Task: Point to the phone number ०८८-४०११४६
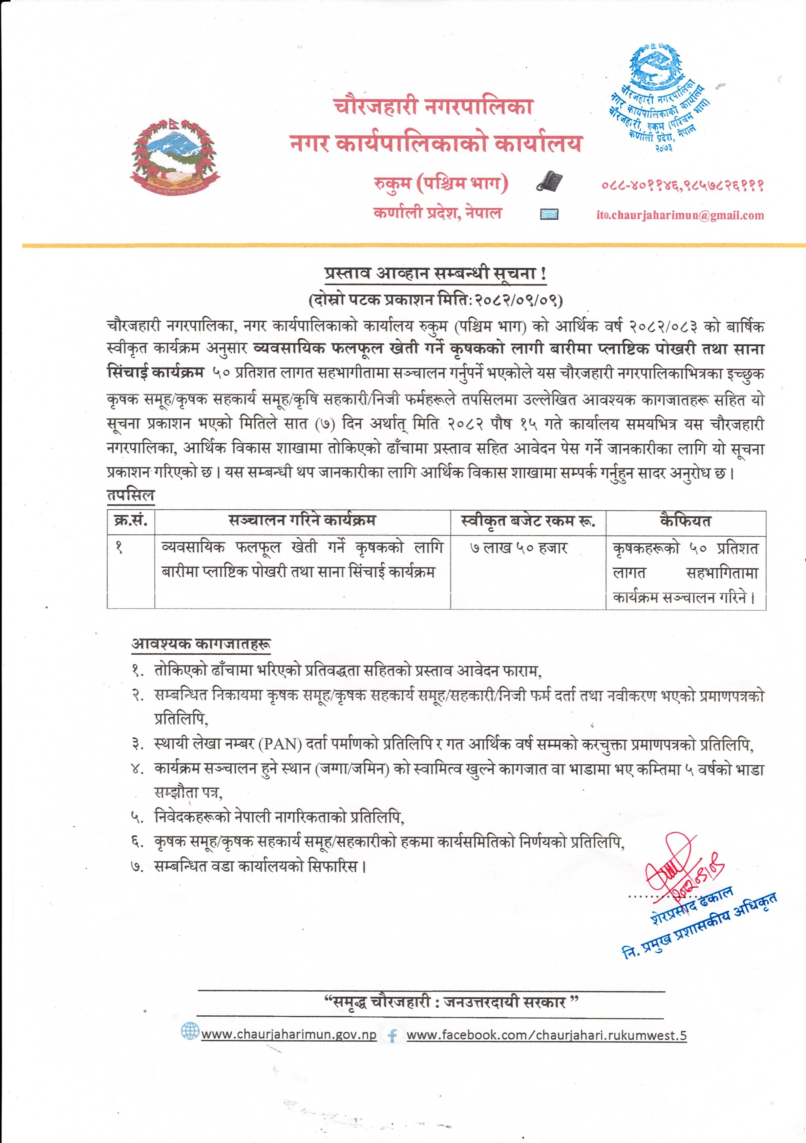click(639, 186)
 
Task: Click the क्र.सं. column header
click(130, 521)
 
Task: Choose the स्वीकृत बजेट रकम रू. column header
click(528, 521)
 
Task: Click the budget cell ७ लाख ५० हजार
click(518, 548)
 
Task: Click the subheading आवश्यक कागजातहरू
click(201, 644)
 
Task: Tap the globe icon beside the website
click(190, 1031)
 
